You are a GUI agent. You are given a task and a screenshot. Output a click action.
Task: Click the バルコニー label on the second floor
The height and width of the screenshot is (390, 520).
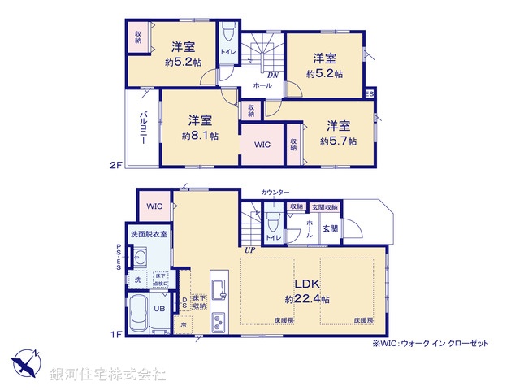tap(143, 127)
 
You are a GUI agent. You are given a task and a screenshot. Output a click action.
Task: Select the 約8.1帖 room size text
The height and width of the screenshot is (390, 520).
tap(200, 136)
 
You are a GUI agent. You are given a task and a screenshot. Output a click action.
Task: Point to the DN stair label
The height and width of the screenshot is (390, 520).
tap(273, 75)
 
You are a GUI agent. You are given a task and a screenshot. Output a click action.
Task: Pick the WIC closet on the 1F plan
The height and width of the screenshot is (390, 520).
tap(154, 206)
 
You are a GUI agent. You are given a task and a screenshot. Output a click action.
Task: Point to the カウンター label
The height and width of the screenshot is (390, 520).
tap(275, 192)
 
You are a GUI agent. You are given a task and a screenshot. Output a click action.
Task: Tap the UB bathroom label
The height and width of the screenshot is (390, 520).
tap(161, 309)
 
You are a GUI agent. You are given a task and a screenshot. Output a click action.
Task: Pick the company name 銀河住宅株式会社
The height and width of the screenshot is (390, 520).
tap(106, 375)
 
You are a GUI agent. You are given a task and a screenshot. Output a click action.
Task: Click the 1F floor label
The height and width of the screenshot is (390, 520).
tap(115, 334)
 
